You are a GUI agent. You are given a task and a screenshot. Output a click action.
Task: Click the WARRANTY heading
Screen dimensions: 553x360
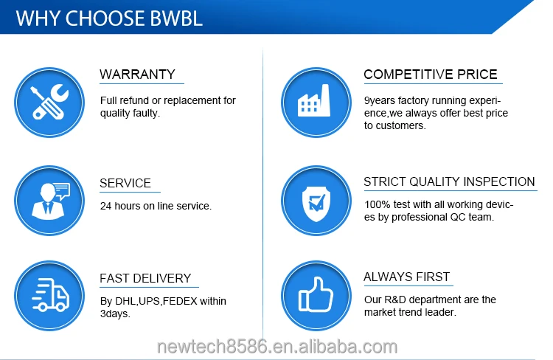point(137,75)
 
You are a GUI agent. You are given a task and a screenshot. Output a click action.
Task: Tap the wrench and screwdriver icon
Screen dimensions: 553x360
point(49,103)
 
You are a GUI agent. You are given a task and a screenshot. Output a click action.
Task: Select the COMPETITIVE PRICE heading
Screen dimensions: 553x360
point(431,75)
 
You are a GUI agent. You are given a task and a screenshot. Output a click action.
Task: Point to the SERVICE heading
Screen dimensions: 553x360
point(125,183)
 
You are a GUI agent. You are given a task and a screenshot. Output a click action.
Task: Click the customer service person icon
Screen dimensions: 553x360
point(49,201)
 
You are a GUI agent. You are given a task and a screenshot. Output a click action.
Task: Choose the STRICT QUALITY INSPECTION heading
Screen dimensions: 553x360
point(449,181)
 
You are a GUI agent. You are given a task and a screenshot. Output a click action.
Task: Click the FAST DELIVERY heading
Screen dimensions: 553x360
point(145,278)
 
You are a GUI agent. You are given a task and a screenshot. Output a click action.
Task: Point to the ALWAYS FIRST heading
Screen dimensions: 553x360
point(406,277)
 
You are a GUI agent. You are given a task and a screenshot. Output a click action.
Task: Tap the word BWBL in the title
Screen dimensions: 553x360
point(176,18)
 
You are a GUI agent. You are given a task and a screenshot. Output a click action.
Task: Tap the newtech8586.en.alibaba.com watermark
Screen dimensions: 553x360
point(277,347)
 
